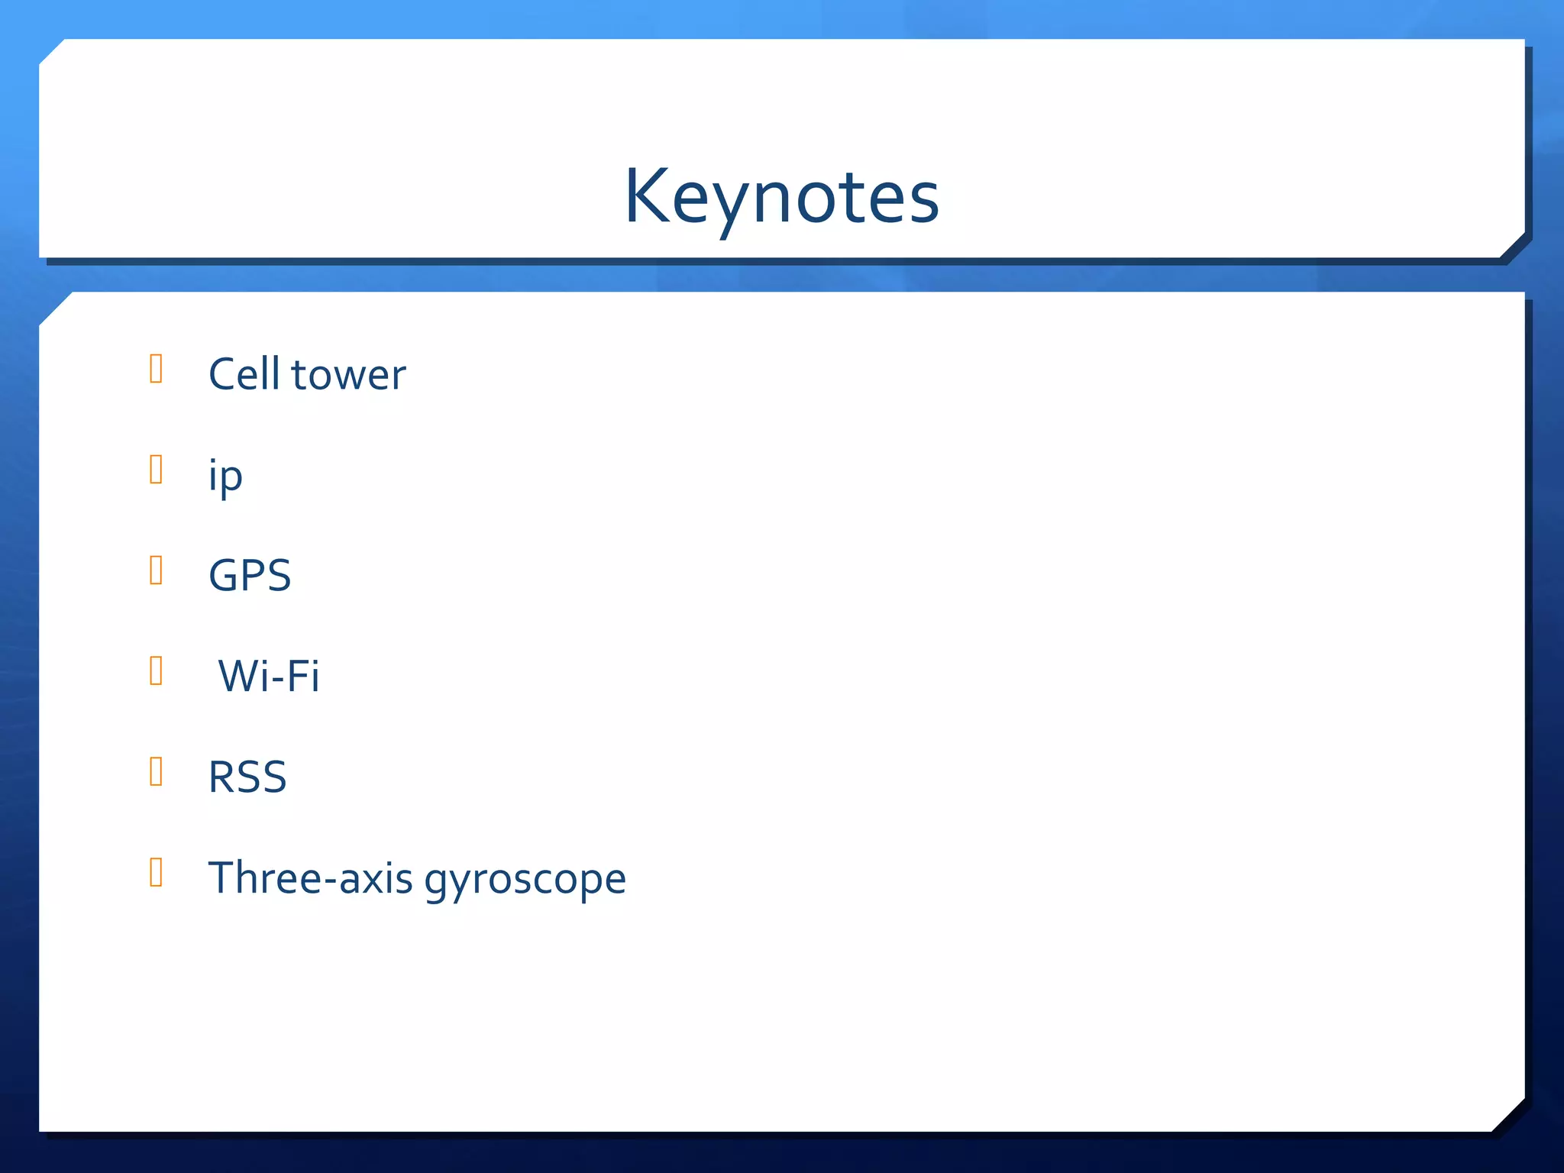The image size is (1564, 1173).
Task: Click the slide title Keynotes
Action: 781,197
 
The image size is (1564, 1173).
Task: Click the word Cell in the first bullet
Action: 244,374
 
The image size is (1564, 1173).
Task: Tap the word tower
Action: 348,376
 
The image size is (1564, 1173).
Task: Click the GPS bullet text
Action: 250,576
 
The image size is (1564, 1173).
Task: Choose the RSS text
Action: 247,777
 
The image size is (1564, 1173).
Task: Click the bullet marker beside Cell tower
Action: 156,369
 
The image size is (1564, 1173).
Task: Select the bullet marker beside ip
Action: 156,470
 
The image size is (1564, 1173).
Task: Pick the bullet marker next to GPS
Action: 156,570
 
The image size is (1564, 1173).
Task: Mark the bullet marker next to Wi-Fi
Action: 156,671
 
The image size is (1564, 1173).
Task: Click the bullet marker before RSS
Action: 156,771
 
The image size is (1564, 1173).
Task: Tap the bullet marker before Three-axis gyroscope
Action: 156,872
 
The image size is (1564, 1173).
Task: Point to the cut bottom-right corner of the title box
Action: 1512,245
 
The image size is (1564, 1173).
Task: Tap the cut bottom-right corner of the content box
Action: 1508,1115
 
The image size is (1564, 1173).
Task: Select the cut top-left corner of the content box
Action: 55,309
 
